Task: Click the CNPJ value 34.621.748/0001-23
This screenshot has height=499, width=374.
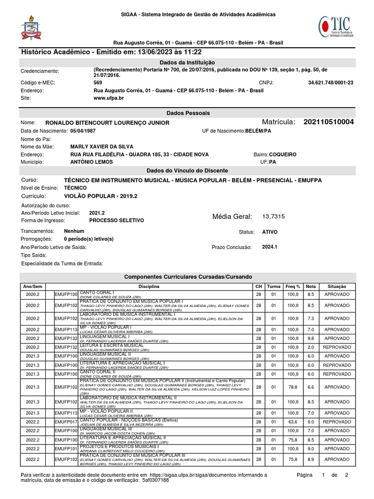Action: (331, 83)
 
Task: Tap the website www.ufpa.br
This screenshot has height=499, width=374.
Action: (108, 98)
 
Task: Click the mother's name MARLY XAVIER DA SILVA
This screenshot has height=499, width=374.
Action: (102, 147)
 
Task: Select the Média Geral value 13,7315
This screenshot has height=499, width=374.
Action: (274, 216)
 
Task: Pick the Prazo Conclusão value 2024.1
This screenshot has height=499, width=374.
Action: (269, 247)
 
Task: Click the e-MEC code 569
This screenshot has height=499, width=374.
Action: (97, 83)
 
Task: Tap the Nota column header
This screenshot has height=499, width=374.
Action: (311, 286)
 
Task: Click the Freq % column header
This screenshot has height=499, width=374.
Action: (293, 286)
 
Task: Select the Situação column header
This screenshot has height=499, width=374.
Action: (337, 286)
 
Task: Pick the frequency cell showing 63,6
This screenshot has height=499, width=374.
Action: (293, 422)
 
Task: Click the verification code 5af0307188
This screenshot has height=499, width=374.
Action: (155, 480)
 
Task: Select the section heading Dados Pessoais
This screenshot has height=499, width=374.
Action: (187, 113)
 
